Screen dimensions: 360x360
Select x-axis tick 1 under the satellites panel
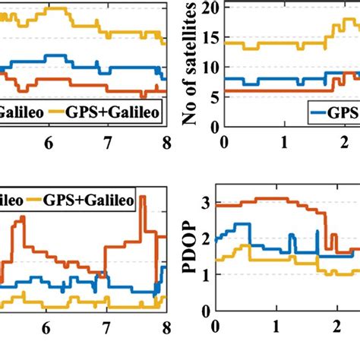point(283,143)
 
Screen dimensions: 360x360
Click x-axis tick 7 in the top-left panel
point(107,143)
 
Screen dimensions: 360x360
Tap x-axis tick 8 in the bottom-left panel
point(165,330)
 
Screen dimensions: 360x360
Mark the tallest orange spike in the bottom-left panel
point(142,197)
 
